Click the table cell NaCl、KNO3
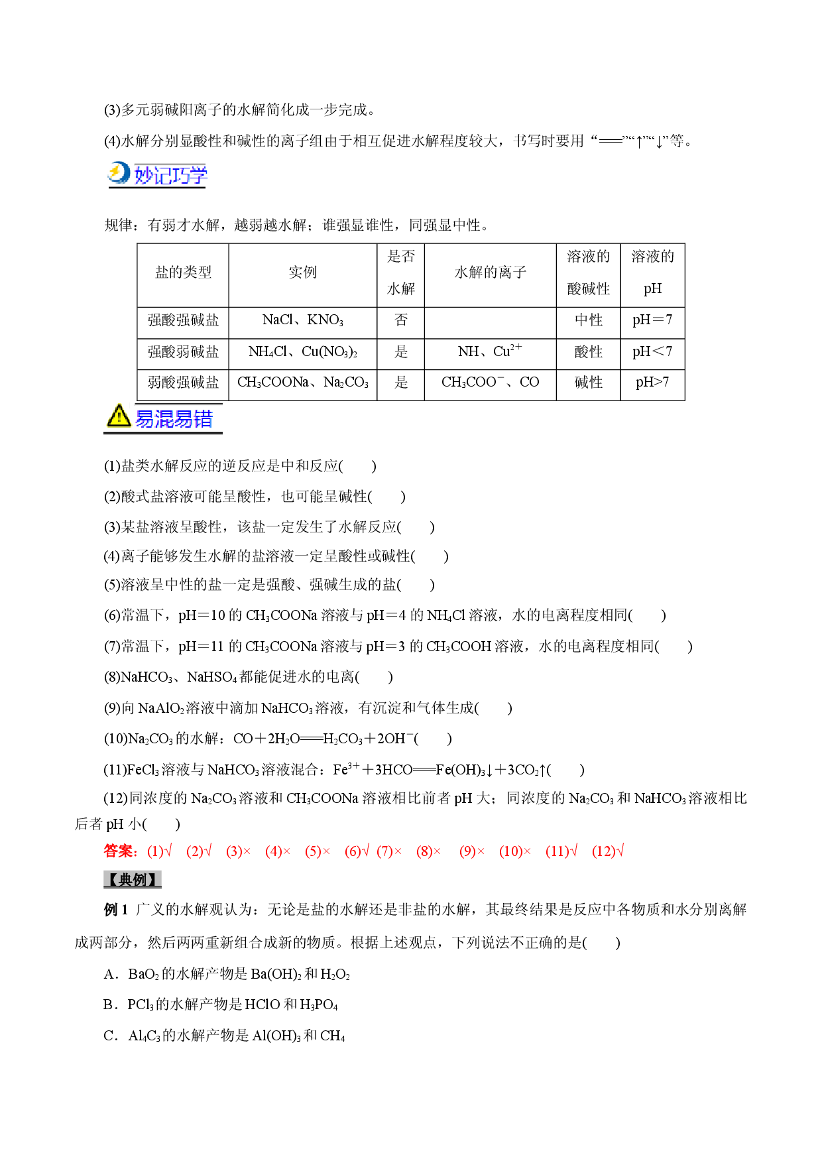point(303,320)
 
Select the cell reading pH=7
point(652,320)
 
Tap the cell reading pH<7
point(652,351)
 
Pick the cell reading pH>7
point(652,382)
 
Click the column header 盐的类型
point(183,273)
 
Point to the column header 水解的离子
point(491,273)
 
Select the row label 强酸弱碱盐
point(183,351)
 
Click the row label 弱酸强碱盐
point(183,382)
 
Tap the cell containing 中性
point(589,320)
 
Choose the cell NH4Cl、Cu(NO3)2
point(303,351)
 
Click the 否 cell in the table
point(401,320)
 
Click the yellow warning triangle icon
point(119,416)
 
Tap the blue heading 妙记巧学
point(171,175)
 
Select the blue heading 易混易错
point(174,418)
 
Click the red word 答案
point(121,851)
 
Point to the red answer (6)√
point(357,851)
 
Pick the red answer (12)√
point(608,851)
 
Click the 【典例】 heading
point(133,880)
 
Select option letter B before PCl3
point(109,1005)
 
